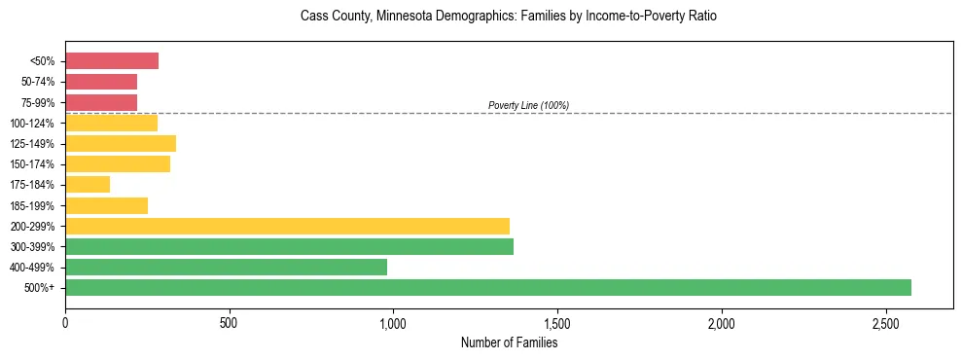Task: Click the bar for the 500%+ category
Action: point(488,287)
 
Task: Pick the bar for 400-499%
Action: point(226,267)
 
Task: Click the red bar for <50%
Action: point(112,61)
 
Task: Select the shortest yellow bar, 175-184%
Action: point(88,185)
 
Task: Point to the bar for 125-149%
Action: point(121,144)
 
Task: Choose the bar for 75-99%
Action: point(101,102)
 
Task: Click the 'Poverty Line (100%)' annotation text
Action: point(528,105)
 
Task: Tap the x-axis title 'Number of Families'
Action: point(509,342)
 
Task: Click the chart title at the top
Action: point(509,17)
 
